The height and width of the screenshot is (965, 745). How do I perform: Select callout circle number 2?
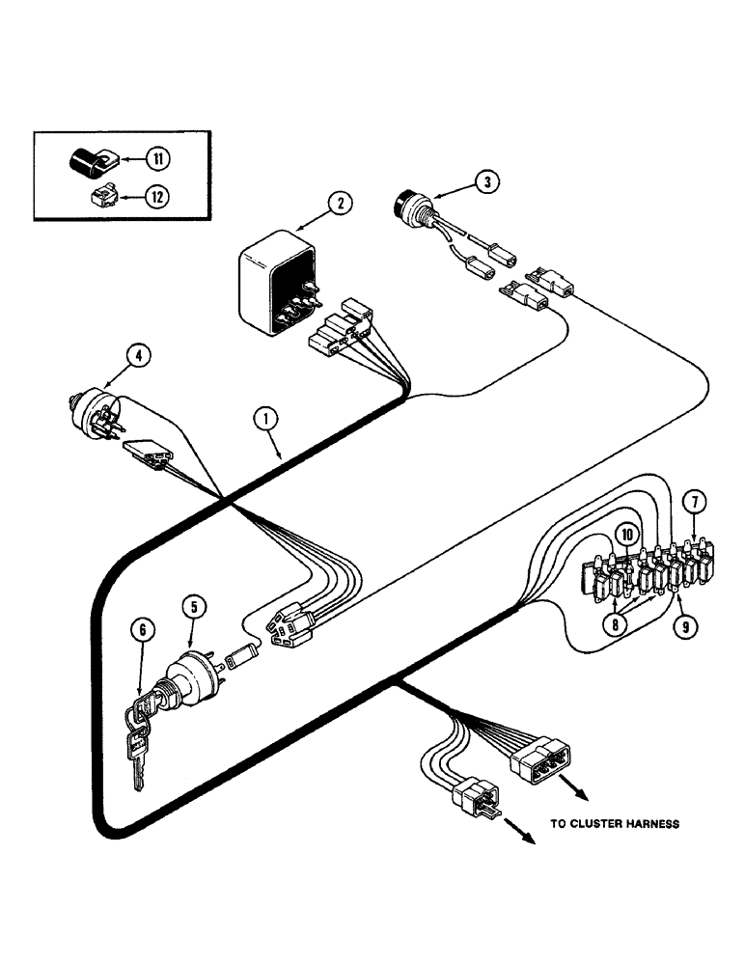coord(339,203)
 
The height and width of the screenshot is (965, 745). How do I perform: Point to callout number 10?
coord(626,534)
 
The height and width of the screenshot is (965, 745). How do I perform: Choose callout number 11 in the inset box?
coord(155,158)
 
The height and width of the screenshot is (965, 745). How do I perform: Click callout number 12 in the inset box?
coord(155,196)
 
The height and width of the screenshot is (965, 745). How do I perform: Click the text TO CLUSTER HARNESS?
coord(615,823)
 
